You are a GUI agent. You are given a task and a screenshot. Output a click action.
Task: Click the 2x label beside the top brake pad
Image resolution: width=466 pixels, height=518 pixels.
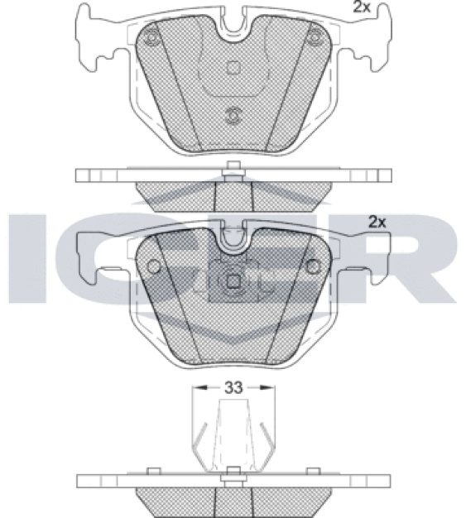click(362, 7)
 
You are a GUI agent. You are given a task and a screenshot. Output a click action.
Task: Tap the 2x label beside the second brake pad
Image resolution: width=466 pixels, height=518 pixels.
click(377, 222)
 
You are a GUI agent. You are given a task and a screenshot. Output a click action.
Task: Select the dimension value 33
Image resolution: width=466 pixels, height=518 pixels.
click(233, 387)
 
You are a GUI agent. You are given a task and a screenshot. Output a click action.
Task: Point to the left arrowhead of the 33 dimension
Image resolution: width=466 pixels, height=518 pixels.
click(199, 387)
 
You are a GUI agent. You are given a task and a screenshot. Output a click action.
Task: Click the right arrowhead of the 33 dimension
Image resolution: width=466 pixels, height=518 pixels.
click(267, 387)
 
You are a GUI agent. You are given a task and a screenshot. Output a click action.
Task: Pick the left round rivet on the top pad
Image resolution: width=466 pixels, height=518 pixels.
click(151, 37)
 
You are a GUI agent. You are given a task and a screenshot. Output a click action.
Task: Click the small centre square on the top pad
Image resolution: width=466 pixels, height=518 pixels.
click(233, 67)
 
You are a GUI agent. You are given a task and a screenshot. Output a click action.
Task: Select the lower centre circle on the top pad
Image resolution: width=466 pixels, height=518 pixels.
click(233, 116)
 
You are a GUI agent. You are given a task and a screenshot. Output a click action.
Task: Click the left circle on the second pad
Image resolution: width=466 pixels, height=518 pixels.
click(154, 266)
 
